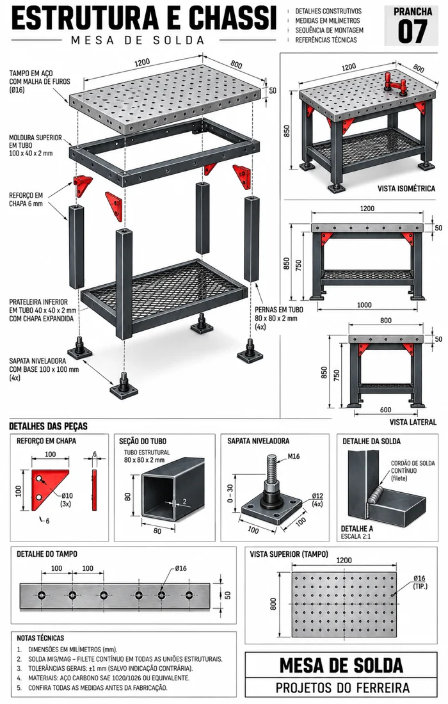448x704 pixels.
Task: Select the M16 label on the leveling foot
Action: (293, 456)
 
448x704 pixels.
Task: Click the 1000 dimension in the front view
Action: (364, 305)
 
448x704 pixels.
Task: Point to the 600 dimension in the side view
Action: (385, 410)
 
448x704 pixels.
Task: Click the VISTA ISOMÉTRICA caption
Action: (406, 189)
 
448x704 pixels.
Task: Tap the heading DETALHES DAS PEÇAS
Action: (49, 426)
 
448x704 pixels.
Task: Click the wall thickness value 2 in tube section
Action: (184, 501)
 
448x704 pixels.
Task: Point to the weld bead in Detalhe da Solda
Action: (376, 495)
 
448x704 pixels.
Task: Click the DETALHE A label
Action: (357, 529)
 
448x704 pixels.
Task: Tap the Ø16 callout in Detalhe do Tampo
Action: (181, 568)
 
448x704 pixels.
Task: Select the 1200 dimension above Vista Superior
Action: (344, 560)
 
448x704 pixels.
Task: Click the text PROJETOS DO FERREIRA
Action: (342, 687)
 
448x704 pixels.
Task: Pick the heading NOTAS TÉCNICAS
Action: (40, 637)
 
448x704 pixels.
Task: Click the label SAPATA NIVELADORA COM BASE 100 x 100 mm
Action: (44, 369)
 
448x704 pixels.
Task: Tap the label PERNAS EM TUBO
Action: (279, 309)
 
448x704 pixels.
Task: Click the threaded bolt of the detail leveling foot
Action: (272, 468)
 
